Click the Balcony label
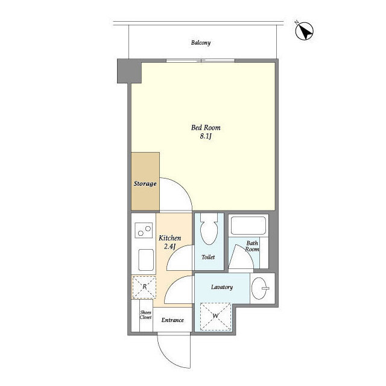201,43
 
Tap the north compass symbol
304,31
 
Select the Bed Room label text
206,127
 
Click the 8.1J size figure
206,136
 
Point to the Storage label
145,183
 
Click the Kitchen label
169,238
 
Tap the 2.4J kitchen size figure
169,246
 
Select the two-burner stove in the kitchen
144,230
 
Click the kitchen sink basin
146,260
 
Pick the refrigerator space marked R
144,287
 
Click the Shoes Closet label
145,315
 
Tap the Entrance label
172,320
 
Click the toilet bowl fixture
209,230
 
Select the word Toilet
208,258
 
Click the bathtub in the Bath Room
248,226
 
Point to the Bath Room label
252,246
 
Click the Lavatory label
222,287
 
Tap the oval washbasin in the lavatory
259,288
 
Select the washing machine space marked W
216,316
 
